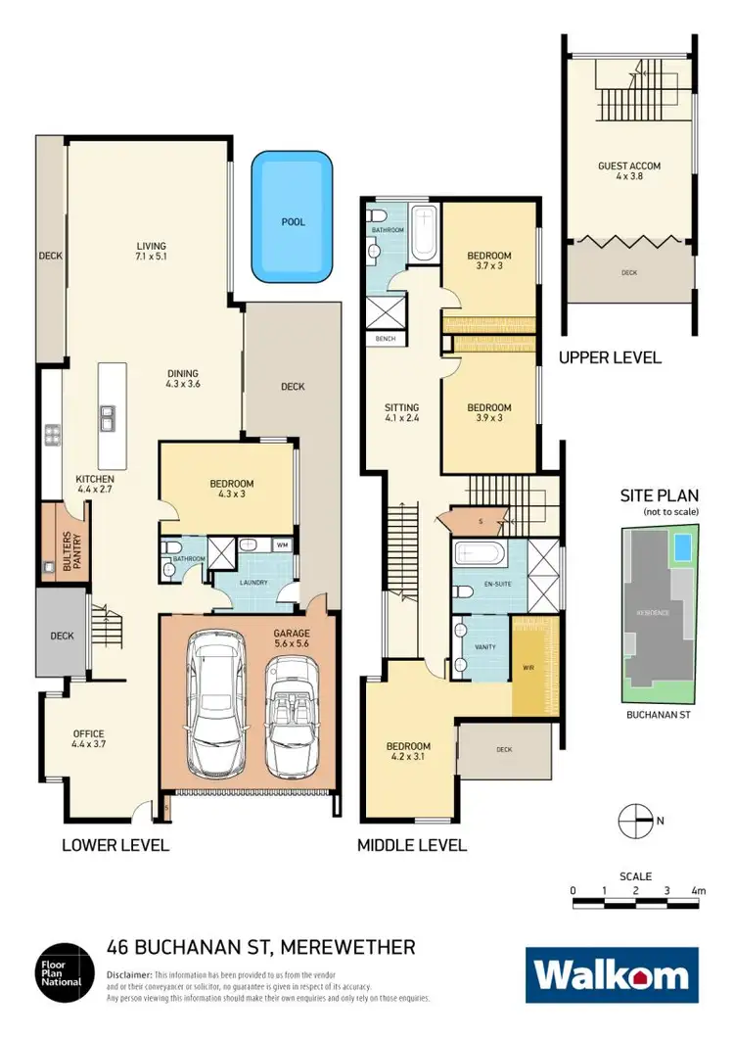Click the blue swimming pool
[293, 215]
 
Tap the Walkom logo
[612, 975]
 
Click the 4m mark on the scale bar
[698, 891]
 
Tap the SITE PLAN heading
[659, 496]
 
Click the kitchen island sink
[108, 421]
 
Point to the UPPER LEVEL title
[610, 358]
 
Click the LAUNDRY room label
[253, 581]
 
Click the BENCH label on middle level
[379, 339]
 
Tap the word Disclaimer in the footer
[129, 976]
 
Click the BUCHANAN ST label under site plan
[659, 716]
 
